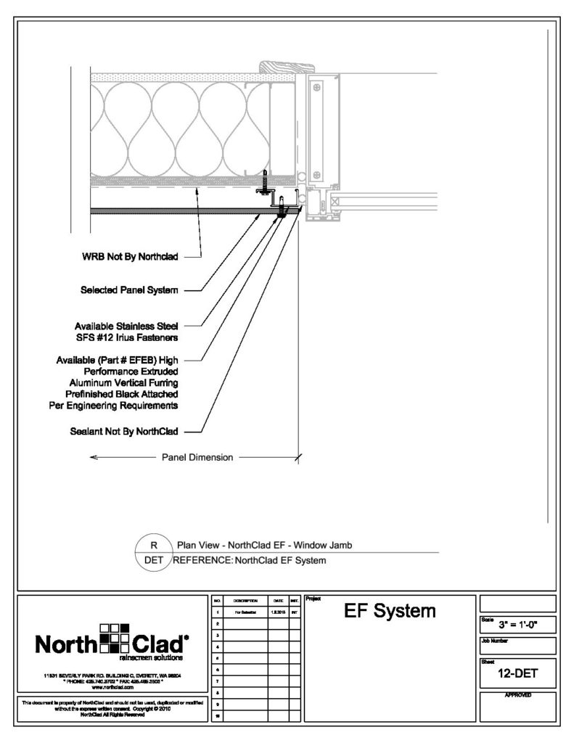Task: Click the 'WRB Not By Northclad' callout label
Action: click(x=130, y=256)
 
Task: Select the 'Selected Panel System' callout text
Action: click(x=129, y=290)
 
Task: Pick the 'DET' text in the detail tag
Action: click(x=153, y=560)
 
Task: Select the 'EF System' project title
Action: click(x=390, y=612)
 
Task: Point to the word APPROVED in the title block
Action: click(x=518, y=695)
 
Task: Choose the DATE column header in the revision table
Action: click(x=278, y=602)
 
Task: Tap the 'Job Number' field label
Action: click(x=496, y=641)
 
